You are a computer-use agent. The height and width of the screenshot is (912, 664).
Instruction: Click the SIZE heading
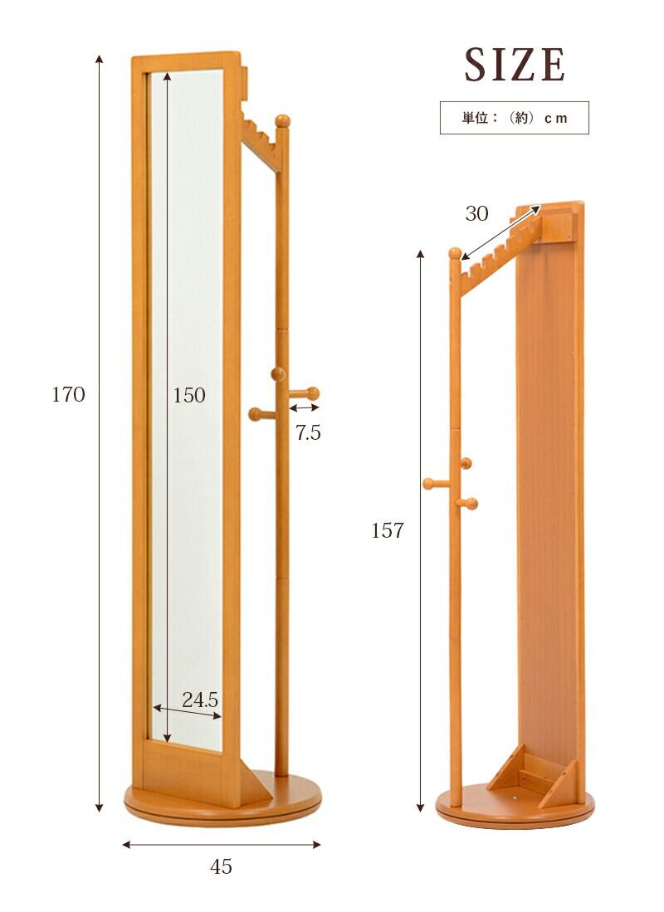[514, 64]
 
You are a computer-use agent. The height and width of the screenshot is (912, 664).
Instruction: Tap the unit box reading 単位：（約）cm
[514, 118]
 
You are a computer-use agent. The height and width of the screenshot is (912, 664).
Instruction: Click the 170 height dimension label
[68, 394]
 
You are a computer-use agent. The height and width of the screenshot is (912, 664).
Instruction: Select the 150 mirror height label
[189, 395]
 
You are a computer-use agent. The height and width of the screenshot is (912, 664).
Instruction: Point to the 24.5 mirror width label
[199, 700]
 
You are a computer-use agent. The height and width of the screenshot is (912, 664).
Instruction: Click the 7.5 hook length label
[308, 432]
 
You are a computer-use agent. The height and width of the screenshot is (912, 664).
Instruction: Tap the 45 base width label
[221, 866]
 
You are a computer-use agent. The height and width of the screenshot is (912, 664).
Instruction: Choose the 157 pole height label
[388, 530]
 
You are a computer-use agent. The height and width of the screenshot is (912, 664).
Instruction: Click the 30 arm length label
[476, 213]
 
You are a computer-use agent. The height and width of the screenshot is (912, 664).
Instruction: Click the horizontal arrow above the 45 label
[221, 845]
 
